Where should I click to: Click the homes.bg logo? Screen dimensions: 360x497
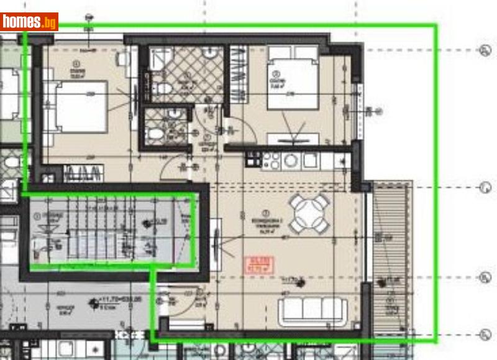tap(29, 22)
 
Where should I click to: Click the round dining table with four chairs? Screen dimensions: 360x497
tap(309, 213)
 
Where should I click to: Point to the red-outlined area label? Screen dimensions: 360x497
tap(255, 264)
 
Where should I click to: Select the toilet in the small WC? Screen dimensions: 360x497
tap(156, 135)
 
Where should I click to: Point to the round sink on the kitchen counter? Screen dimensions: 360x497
tap(291, 160)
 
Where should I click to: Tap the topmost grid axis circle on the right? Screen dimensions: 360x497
tap(485, 50)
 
